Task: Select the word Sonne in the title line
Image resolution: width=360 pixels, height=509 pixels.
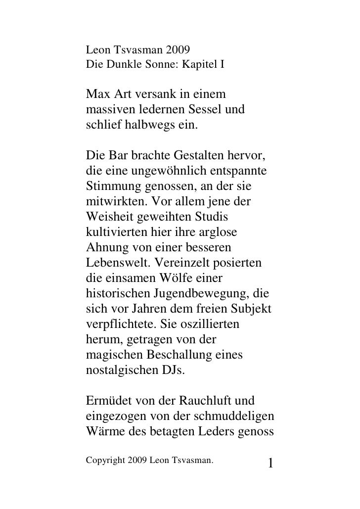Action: [159, 64]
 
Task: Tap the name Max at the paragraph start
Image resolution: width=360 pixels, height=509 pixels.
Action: [98, 93]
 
